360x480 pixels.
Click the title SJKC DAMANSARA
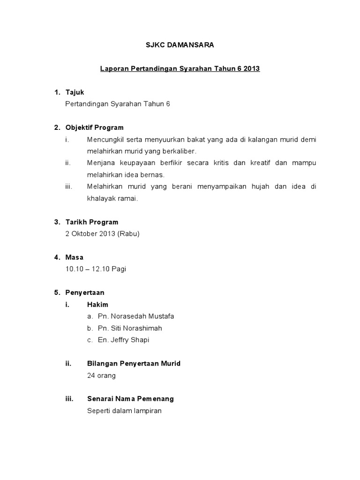180,45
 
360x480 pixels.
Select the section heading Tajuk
75,92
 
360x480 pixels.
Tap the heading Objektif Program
95,127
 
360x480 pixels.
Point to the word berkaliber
178,151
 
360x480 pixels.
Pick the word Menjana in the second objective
99,163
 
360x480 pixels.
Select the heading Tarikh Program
92,222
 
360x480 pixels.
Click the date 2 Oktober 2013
91,234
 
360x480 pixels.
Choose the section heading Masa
75,257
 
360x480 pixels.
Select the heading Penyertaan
85,293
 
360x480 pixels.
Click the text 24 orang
101,375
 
